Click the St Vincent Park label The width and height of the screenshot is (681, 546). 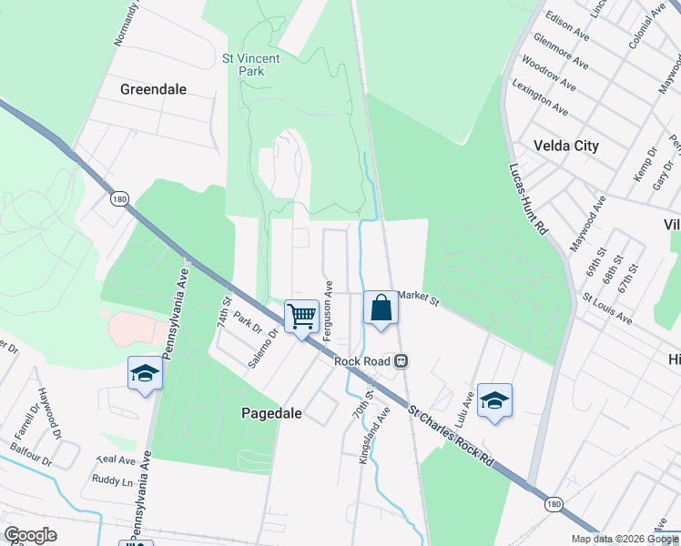pos(251,64)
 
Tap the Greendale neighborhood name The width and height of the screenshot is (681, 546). pos(153,89)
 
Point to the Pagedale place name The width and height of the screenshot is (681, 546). pos(270,412)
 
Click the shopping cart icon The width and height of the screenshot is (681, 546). pos(301,317)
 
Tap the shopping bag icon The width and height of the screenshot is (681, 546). pos(381,308)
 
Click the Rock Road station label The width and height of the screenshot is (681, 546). pos(361,361)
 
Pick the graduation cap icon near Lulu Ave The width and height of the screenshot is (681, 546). pos(494,400)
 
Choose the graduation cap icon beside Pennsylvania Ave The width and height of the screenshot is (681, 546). pos(145,373)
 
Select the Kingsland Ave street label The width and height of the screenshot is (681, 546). pos(373,436)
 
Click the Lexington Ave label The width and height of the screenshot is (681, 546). pos(541,97)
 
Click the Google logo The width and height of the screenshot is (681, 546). pos(30,535)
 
